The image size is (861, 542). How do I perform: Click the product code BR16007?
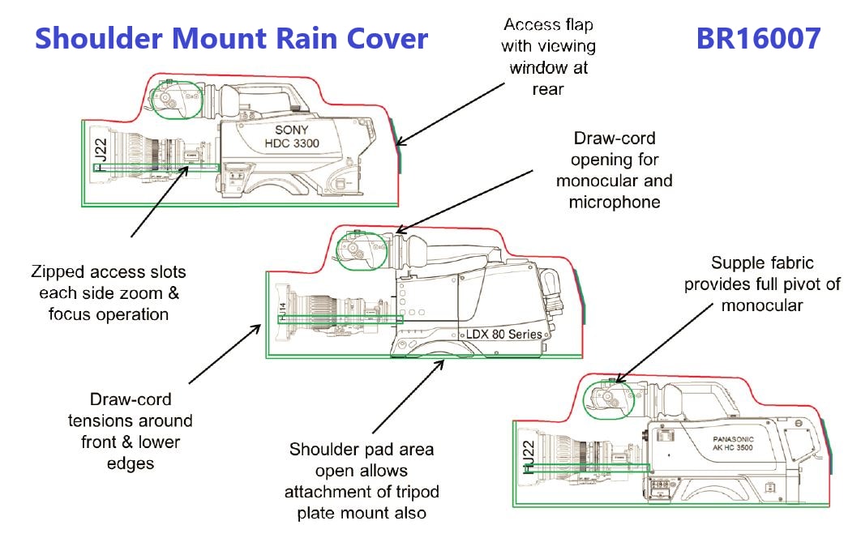click(x=758, y=38)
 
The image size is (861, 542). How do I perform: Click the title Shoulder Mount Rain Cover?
click(x=231, y=38)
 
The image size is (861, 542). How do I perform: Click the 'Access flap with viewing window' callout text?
click(x=547, y=56)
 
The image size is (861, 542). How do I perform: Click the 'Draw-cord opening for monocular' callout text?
click(x=615, y=170)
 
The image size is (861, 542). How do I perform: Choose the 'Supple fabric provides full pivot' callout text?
click(x=762, y=284)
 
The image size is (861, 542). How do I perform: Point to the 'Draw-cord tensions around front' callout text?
click(x=142, y=431)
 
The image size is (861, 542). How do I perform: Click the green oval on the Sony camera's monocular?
click(x=176, y=99)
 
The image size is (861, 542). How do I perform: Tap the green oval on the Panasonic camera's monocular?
click(x=610, y=399)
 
